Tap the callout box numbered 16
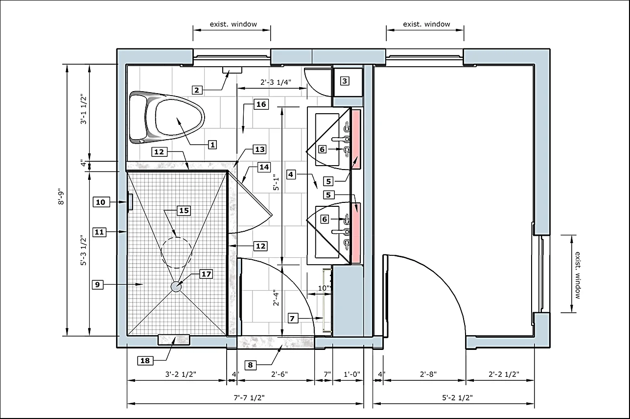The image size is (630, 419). pos(261,104)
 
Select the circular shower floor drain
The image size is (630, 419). pos(176,287)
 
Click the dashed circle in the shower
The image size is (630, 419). pos(176,252)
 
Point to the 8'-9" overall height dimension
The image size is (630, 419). pos(61,196)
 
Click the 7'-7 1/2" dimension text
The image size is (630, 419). pos(249,397)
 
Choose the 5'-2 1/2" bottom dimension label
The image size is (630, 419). pos(457,397)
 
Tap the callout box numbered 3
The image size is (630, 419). pos(345,81)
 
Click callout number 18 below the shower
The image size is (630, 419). pos(145,360)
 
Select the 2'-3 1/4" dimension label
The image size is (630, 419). pos(276,82)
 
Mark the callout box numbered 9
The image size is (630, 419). pos(97,285)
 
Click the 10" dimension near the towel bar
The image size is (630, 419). pos(324,288)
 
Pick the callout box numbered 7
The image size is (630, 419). pos(293,319)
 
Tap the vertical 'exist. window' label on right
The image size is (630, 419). pos(578,275)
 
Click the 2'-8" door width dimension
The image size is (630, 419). pos(428,374)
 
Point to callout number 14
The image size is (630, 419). pos(264,167)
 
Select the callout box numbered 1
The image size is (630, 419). pos(212,145)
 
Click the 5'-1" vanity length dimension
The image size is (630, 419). pos(276,183)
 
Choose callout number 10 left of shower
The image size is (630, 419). pos(101,202)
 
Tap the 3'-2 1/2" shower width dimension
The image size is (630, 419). pos(180,374)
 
